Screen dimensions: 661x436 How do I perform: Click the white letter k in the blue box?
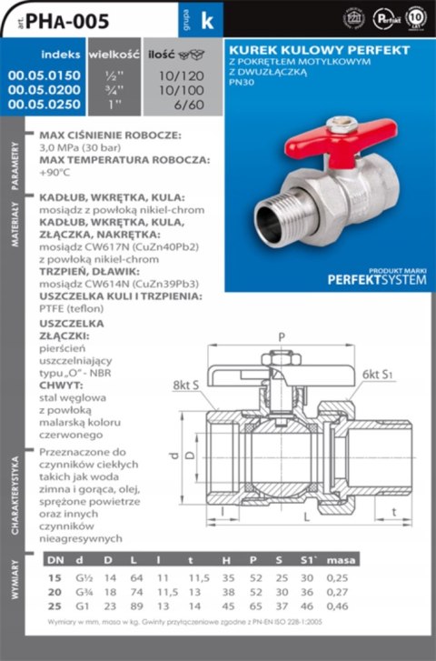205,24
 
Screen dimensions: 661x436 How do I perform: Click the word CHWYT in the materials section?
61,386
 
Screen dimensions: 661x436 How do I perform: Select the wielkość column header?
113,55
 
